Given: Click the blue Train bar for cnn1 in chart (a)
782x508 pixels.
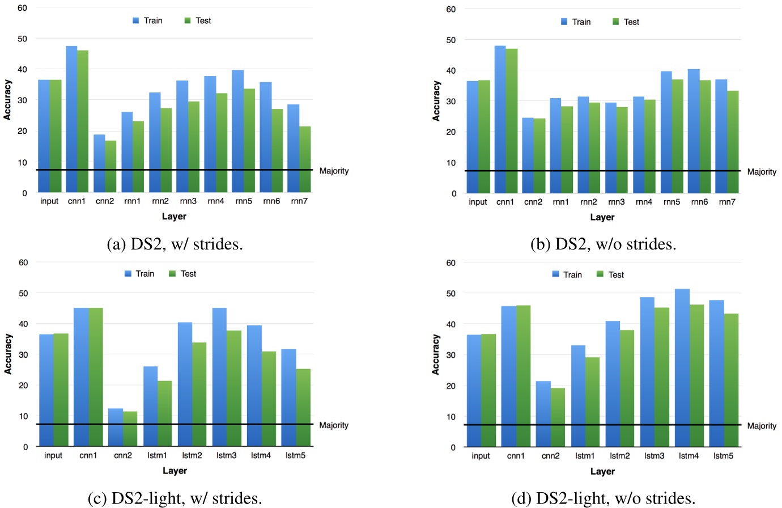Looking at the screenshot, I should tap(71, 119).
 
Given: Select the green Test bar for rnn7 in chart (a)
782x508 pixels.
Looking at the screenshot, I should tap(305, 159).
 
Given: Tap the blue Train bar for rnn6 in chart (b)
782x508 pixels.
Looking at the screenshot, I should tap(693, 131).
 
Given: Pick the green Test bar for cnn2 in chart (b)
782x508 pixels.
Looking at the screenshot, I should tap(539, 156).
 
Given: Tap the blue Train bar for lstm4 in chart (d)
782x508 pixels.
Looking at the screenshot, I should tap(682, 368).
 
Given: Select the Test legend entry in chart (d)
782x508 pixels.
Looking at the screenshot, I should tap(610, 274).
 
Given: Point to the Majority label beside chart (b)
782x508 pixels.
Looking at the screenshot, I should tap(762, 172).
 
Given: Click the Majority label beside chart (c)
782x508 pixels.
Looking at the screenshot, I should tap(334, 425).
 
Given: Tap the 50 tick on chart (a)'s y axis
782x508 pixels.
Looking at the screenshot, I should tap(23, 39).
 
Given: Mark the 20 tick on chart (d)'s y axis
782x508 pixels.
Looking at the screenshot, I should tap(450, 386).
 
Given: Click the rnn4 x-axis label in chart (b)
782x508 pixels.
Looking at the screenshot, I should tap(644, 202).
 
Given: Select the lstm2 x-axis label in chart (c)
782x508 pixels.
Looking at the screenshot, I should tap(192, 455).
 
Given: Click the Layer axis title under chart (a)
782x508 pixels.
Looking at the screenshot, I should tap(174, 216).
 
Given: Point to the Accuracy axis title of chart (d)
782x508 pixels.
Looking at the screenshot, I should tap(436, 354).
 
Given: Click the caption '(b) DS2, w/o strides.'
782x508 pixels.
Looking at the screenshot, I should tap(603, 244).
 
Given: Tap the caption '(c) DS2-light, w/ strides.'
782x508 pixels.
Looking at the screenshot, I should tap(175, 498).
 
